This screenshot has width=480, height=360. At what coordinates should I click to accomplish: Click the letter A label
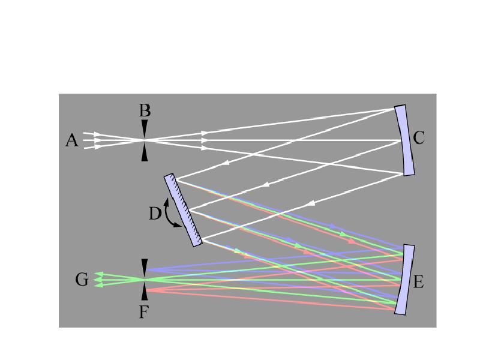point(71,141)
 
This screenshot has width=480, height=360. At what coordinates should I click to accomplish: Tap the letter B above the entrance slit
point(145,110)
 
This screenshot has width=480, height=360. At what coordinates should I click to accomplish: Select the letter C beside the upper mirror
point(418,138)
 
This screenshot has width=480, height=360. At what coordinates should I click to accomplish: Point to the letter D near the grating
point(155,214)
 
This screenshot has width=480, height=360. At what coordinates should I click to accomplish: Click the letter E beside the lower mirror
point(418,281)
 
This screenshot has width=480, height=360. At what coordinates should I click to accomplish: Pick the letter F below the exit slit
point(144,313)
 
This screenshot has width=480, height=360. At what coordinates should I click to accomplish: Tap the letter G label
point(82,280)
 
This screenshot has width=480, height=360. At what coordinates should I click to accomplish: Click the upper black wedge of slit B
point(145,128)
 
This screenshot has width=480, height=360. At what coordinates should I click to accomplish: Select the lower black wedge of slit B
point(145,152)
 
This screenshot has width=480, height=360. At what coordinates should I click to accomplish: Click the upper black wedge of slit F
point(145,268)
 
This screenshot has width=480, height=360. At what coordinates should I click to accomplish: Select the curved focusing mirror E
point(404,280)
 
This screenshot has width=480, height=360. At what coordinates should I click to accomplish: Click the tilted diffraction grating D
point(183,210)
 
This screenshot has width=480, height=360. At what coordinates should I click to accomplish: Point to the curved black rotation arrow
point(170,214)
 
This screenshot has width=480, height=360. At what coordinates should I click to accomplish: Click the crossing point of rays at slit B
point(145,140)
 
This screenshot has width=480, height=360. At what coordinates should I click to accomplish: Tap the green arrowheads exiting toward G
point(98,280)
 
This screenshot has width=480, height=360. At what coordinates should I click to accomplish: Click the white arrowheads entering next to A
point(97,140)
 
